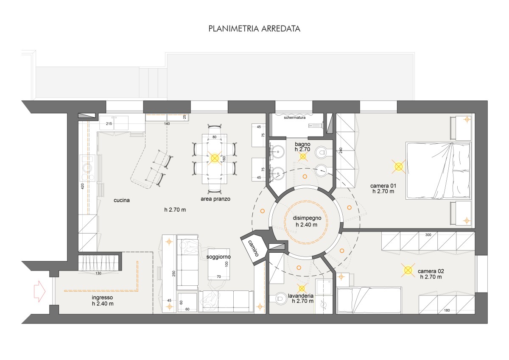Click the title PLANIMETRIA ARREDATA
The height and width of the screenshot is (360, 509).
(x=254, y=29)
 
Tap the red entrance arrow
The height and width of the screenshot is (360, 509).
(x=39, y=291)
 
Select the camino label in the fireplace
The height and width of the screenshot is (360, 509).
(x=253, y=248)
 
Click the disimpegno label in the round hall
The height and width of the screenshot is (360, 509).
(x=307, y=218)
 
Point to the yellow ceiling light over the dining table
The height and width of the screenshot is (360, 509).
(x=215, y=158)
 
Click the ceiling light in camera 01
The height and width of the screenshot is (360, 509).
(x=399, y=167)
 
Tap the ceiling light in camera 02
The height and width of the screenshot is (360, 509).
(x=408, y=270)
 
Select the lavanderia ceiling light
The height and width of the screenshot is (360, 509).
(x=302, y=288)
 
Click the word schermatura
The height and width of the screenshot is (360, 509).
(x=294, y=117)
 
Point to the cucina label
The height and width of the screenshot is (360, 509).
(x=122, y=200)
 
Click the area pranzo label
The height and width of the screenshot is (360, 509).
(x=215, y=199)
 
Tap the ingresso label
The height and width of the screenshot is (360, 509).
(x=102, y=297)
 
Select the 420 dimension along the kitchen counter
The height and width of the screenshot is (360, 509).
(x=82, y=186)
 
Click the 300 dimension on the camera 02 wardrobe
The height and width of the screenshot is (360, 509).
(x=428, y=235)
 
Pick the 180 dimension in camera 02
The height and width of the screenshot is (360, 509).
(x=447, y=310)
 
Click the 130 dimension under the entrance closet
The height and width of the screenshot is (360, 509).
(x=98, y=273)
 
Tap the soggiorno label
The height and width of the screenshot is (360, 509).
(x=218, y=257)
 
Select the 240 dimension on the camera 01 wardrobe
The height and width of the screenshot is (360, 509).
(x=341, y=150)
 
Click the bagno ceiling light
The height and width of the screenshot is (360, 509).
(x=303, y=156)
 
